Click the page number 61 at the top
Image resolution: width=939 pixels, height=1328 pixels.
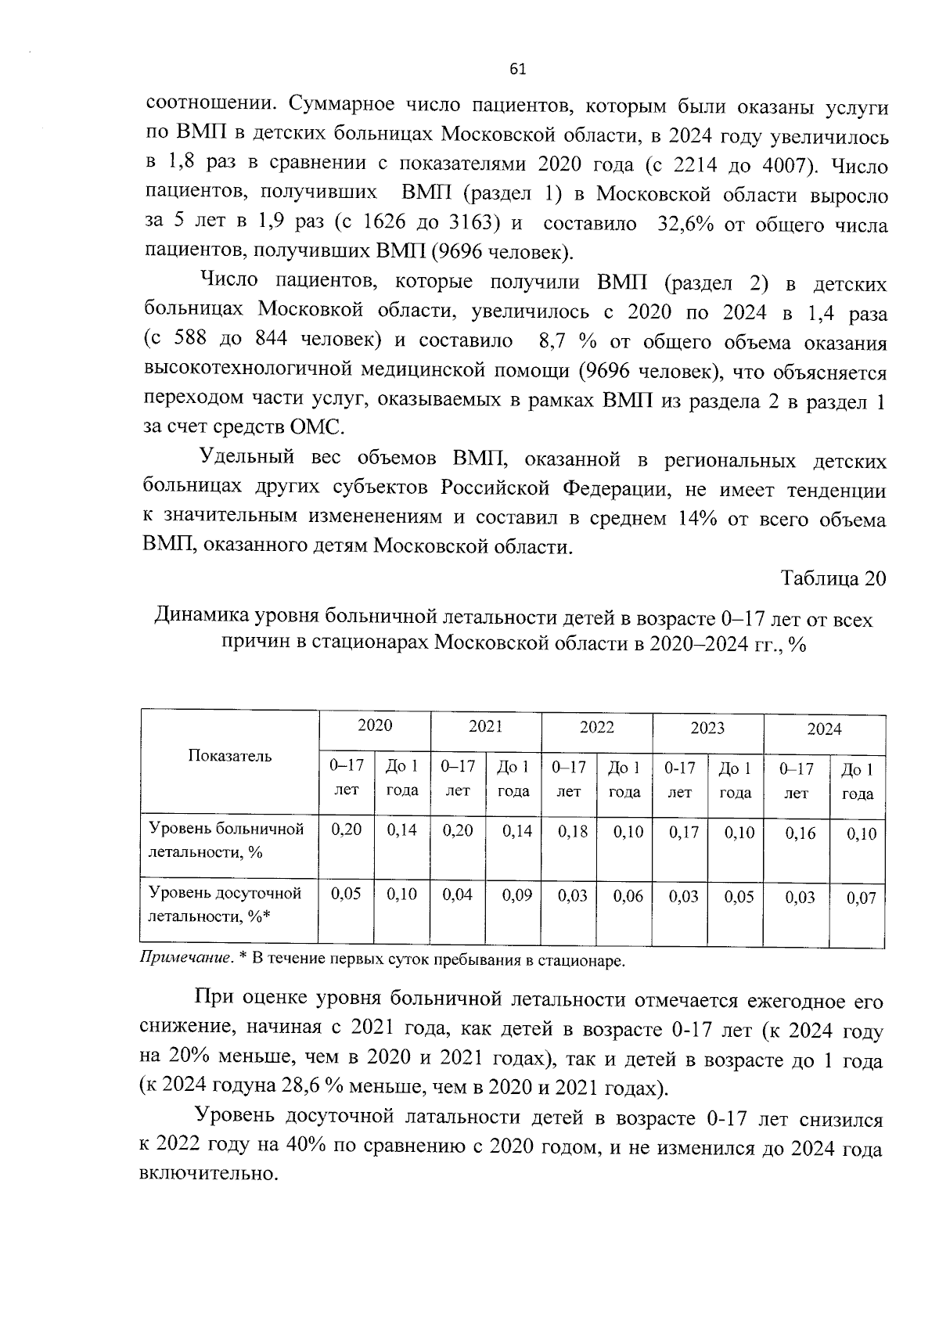(x=517, y=70)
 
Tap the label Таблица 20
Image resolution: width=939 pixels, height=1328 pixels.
(x=833, y=578)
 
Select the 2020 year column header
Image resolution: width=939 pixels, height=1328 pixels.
(x=375, y=725)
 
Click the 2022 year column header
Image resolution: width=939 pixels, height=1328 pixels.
(x=596, y=727)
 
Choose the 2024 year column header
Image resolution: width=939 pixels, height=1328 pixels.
(x=824, y=729)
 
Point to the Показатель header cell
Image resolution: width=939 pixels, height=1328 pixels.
(x=230, y=756)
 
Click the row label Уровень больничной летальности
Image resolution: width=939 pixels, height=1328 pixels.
(x=226, y=840)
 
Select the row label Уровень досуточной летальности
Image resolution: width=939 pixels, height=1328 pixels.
(x=225, y=904)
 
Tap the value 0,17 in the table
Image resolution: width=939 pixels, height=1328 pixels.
(x=684, y=833)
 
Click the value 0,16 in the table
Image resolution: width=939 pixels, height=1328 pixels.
(x=800, y=833)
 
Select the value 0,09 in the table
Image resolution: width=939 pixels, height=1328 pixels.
(x=516, y=894)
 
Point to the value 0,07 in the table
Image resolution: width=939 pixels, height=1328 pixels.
(x=862, y=898)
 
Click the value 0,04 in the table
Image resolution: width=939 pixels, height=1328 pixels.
(x=458, y=894)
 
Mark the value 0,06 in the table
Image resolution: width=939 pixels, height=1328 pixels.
(x=628, y=896)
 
